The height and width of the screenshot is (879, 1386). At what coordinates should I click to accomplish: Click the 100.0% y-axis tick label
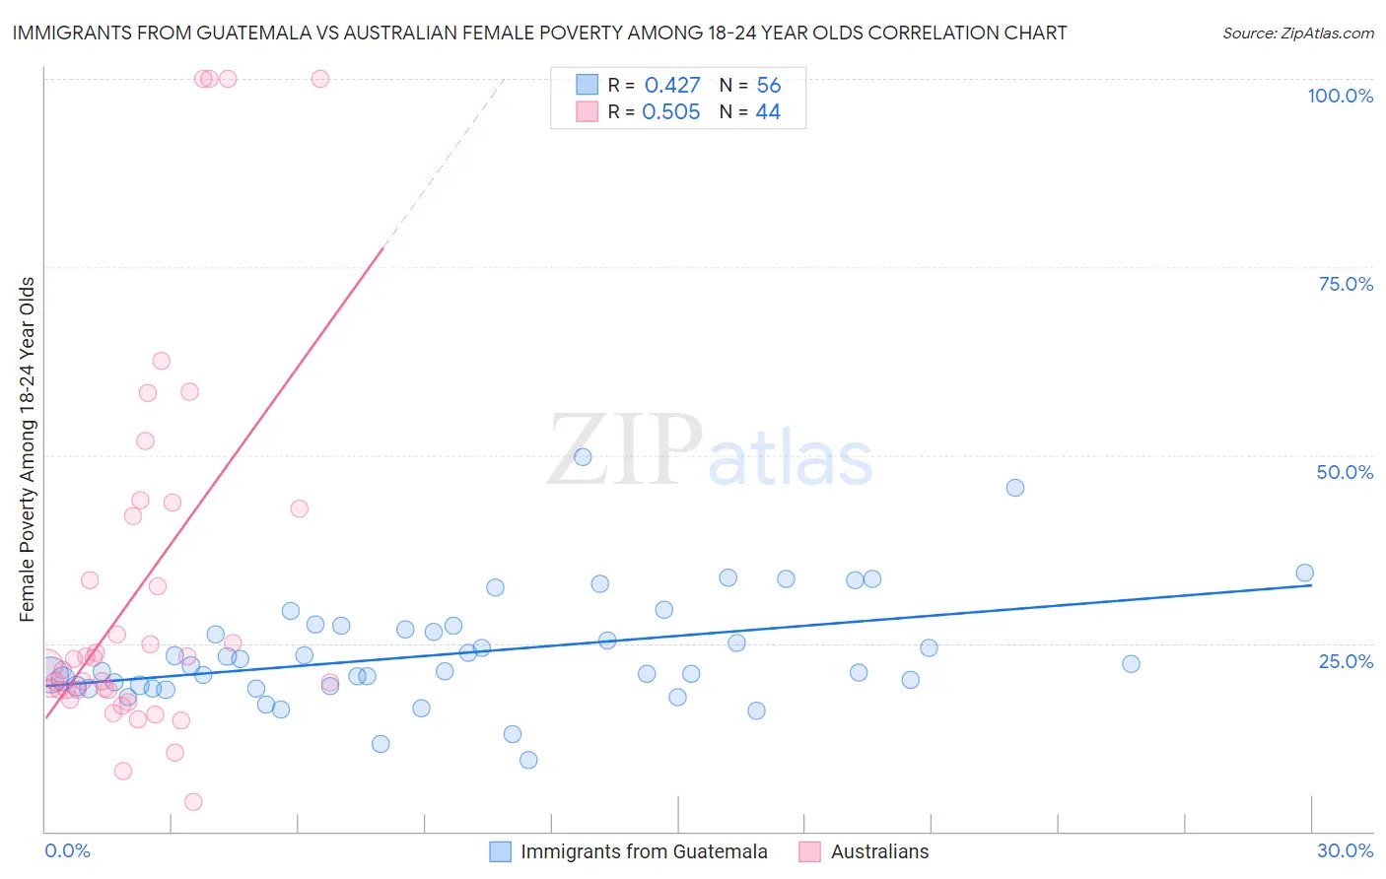click(1340, 96)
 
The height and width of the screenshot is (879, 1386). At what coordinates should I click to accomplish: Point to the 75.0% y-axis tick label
click(1346, 284)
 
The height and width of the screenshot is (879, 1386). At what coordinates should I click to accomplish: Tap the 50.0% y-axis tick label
click(1345, 472)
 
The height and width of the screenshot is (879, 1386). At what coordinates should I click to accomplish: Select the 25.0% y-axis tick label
click(1346, 660)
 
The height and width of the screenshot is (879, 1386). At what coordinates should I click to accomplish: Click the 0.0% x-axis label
click(67, 850)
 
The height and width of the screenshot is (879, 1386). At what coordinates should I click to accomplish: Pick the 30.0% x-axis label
click(1345, 850)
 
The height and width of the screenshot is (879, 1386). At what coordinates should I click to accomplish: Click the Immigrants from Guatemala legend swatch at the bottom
click(501, 851)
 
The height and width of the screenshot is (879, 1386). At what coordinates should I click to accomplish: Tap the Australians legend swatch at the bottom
click(809, 851)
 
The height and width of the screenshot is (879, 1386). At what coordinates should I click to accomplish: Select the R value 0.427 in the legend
click(672, 86)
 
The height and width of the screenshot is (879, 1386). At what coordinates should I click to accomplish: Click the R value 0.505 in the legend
click(670, 112)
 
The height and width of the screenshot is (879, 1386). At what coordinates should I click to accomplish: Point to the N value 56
click(768, 86)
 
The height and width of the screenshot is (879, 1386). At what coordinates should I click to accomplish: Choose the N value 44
click(768, 112)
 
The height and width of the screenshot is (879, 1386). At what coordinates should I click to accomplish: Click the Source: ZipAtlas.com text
click(1297, 34)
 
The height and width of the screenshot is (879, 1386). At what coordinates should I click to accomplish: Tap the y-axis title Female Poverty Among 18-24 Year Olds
click(28, 449)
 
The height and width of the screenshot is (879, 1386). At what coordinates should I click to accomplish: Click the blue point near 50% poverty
click(583, 457)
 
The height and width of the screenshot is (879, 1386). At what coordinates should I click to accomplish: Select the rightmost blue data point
click(1304, 574)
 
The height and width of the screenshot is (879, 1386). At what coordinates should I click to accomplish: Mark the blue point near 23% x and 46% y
click(1014, 488)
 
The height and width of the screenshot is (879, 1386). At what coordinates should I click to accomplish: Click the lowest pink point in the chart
click(193, 802)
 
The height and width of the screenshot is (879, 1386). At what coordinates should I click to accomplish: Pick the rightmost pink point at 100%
click(320, 79)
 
